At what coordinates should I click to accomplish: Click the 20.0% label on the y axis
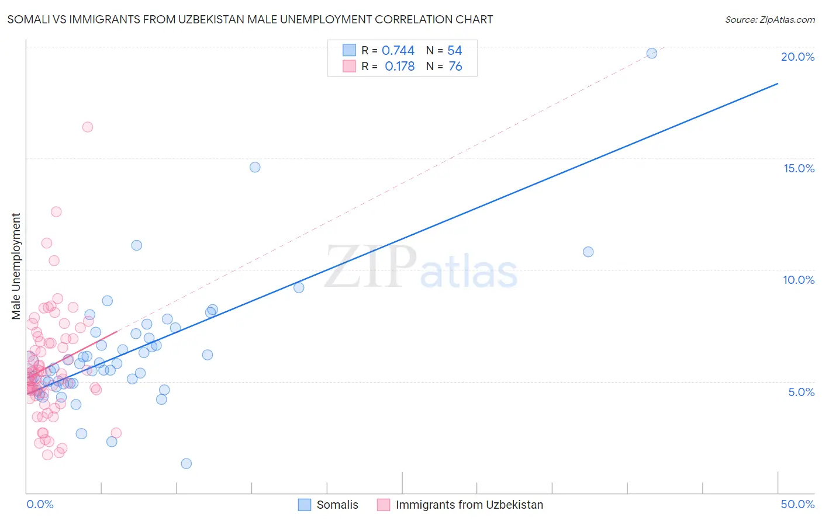pyautogui.click(x=797, y=57)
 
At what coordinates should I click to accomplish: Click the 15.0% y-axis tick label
pyautogui.click(x=799, y=168)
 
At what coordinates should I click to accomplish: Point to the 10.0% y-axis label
pyautogui.click(x=799, y=280)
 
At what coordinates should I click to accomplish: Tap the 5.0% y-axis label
pyautogui.click(x=801, y=392)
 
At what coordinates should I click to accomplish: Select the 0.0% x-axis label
pyautogui.click(x=40, y=504)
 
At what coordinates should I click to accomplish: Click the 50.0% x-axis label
pyautogui.click(x=797, y=504)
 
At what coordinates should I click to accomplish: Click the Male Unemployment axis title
pyautogui.click(x=16, y=266)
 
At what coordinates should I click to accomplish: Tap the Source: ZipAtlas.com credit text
pyautogui.click(x=769, y=19)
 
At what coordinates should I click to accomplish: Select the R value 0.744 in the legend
pyautogui.click(x=398, y=51)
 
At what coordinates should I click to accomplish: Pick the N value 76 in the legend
pyautogui.click(x=455, y=67)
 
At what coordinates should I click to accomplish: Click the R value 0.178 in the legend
pyautogui.click(x=399, y=67)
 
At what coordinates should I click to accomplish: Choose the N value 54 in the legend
pyautogui.click(x=454, y=51)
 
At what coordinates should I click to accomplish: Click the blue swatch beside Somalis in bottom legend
pyautogui.click(x=305, y=505)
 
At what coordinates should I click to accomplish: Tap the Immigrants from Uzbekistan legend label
pyautogui.click(x=469, y=505)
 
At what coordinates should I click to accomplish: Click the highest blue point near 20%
pyautogui.click(x=652, y=53)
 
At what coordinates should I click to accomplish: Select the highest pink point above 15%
pyautogui.click(x=88, y=127)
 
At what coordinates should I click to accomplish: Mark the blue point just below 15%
pyautogui.click(x=255, y=167)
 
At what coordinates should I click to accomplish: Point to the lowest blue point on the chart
pyautogui.click(x=186, y=464)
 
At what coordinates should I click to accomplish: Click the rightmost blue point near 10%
pyautogui.click(x=588, y=252)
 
